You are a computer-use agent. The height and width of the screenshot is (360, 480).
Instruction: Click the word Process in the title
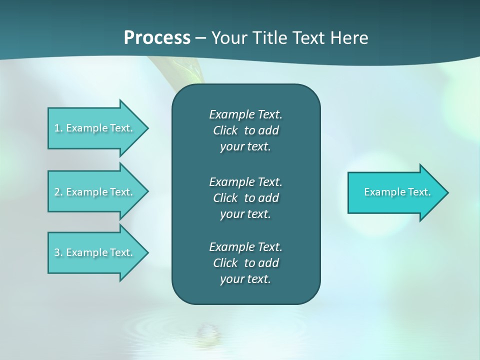[x=157, y=37]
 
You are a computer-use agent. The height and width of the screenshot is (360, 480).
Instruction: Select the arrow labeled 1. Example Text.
[x=97, y=128]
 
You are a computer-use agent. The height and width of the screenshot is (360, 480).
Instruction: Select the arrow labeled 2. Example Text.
[x=97, y=192]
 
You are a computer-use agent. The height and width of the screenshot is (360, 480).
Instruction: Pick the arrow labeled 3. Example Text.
[x=97, y=252]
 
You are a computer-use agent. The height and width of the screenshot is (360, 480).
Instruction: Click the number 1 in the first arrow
[x=57, y=128]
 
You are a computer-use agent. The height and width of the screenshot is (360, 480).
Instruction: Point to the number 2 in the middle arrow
[x=57, y=192]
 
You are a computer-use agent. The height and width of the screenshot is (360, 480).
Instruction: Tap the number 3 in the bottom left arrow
[x=57, y=252]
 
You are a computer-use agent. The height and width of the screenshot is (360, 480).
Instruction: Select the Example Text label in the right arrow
[x=397, y=192]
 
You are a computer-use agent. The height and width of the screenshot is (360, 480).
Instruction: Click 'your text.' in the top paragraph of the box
[x=245, y=147]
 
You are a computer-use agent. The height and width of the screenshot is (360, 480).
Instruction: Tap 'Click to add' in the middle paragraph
[x=245, y=198]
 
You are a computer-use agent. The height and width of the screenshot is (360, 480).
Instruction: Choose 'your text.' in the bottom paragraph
[x=245, y=279]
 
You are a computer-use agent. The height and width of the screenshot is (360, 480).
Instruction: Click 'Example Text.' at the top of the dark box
[x=245, y=114]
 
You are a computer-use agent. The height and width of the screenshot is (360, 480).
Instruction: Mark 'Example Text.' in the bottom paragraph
[x=245, y=247]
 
